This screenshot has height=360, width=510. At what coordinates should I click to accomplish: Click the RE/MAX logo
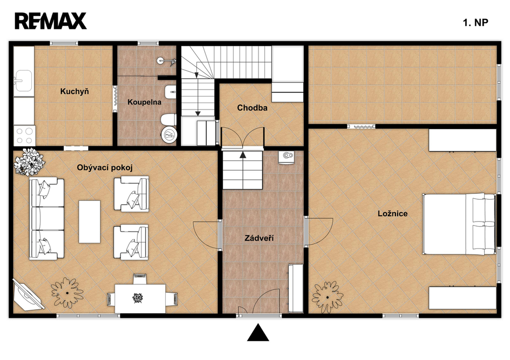coord(51,21)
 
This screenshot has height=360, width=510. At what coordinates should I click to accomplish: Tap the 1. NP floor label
coord(475,22)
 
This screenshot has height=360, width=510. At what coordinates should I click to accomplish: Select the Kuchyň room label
coord(75,92)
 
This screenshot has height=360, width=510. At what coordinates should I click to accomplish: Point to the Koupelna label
coord(144,102)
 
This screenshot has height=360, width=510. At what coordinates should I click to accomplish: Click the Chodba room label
coord(252,108)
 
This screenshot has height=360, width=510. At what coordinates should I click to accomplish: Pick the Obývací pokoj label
coord(105,168)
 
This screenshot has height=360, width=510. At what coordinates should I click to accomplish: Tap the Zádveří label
coord(259,239)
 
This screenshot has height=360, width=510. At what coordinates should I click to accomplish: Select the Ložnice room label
coord(392,214)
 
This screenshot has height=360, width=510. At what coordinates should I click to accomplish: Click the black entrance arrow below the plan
coord(258,332)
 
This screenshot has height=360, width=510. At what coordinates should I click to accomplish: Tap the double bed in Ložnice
coord(459,225)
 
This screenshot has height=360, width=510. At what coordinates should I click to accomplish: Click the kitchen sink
coord(23,81)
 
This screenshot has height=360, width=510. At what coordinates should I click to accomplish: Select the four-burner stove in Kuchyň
coord(24,135)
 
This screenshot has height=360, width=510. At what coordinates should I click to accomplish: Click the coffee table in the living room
coord(90,222)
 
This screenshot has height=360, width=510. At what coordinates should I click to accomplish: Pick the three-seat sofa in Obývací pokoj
coord(47,219)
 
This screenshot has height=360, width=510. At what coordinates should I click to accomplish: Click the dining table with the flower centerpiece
coord(140,298)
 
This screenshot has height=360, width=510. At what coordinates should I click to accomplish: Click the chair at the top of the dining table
coord(140,279)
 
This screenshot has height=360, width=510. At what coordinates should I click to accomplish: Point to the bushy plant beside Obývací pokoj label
coord(29,162)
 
